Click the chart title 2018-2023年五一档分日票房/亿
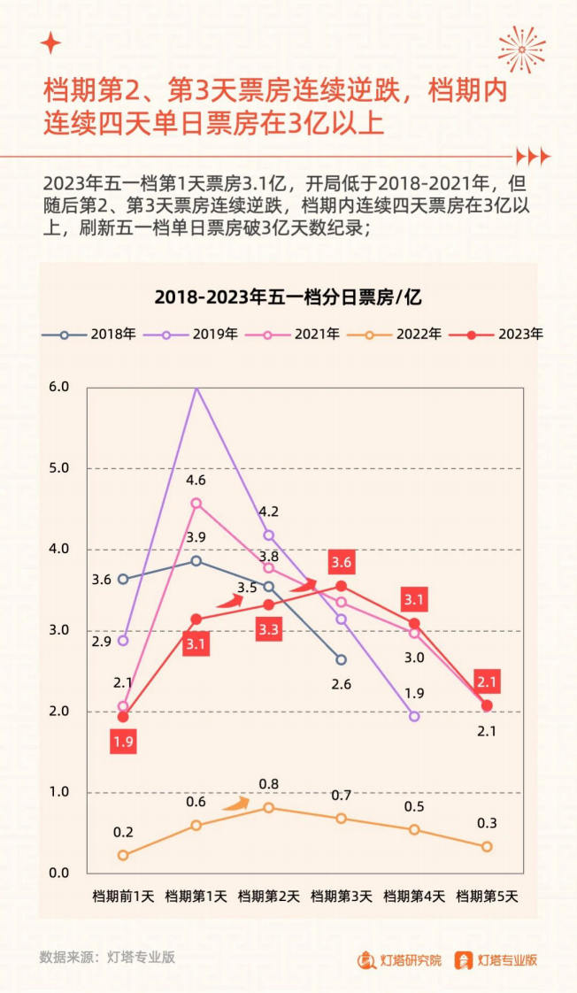288,297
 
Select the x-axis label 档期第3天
341,897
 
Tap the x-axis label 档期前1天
123,897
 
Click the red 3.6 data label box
342,561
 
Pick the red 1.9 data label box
123,743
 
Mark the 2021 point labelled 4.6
196,504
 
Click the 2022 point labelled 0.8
269,807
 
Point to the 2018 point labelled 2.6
342,660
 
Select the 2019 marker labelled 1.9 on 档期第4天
414,716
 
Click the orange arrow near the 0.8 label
235,804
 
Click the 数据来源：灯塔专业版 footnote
107,957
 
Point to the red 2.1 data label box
487,681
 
